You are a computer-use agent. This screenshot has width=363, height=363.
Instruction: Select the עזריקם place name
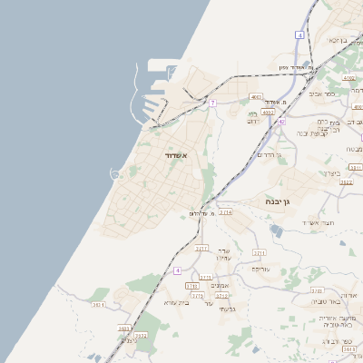click(x=260, y=270)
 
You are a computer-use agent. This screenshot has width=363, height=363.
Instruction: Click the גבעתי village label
click(x=227, y=309)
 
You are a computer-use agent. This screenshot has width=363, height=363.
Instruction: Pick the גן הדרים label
click(x=270, y=155)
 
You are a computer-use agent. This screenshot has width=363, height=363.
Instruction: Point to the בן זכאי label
click(x=338, y=40)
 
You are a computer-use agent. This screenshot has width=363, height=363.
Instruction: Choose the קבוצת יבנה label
click(x=313, y=133)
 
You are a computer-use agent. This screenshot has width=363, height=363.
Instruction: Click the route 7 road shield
click(x=212, y=103)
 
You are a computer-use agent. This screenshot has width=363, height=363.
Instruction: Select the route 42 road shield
click(x=281, y=122)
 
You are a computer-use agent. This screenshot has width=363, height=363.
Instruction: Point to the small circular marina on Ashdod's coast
click(x=115, y=172)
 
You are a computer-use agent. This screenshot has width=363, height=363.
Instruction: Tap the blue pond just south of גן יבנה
click(x=276, y=231)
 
